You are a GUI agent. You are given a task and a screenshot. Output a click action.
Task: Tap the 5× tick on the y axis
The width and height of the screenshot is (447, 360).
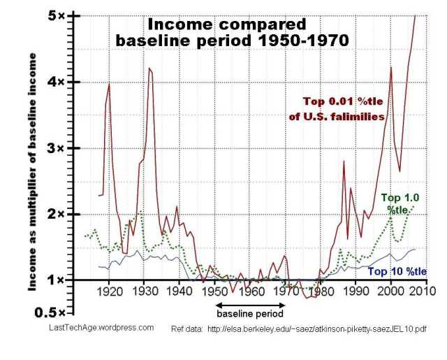point(61,15)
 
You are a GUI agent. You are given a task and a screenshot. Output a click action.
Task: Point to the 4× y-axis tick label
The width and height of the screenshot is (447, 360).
point(61,82)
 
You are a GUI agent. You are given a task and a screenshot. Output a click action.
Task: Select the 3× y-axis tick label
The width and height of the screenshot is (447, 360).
point(61,148)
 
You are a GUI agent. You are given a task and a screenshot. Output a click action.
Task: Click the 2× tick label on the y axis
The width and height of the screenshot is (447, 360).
point(61,215)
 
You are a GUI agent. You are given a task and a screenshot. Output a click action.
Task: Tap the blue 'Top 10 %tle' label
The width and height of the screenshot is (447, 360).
point(397,271)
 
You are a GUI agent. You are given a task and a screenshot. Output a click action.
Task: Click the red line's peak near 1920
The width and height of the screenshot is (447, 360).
point(109,84)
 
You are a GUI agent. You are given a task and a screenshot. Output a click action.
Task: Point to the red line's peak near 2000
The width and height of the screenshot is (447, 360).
point(391,67)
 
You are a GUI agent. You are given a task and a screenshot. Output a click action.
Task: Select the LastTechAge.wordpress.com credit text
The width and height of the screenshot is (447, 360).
point(102,327)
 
